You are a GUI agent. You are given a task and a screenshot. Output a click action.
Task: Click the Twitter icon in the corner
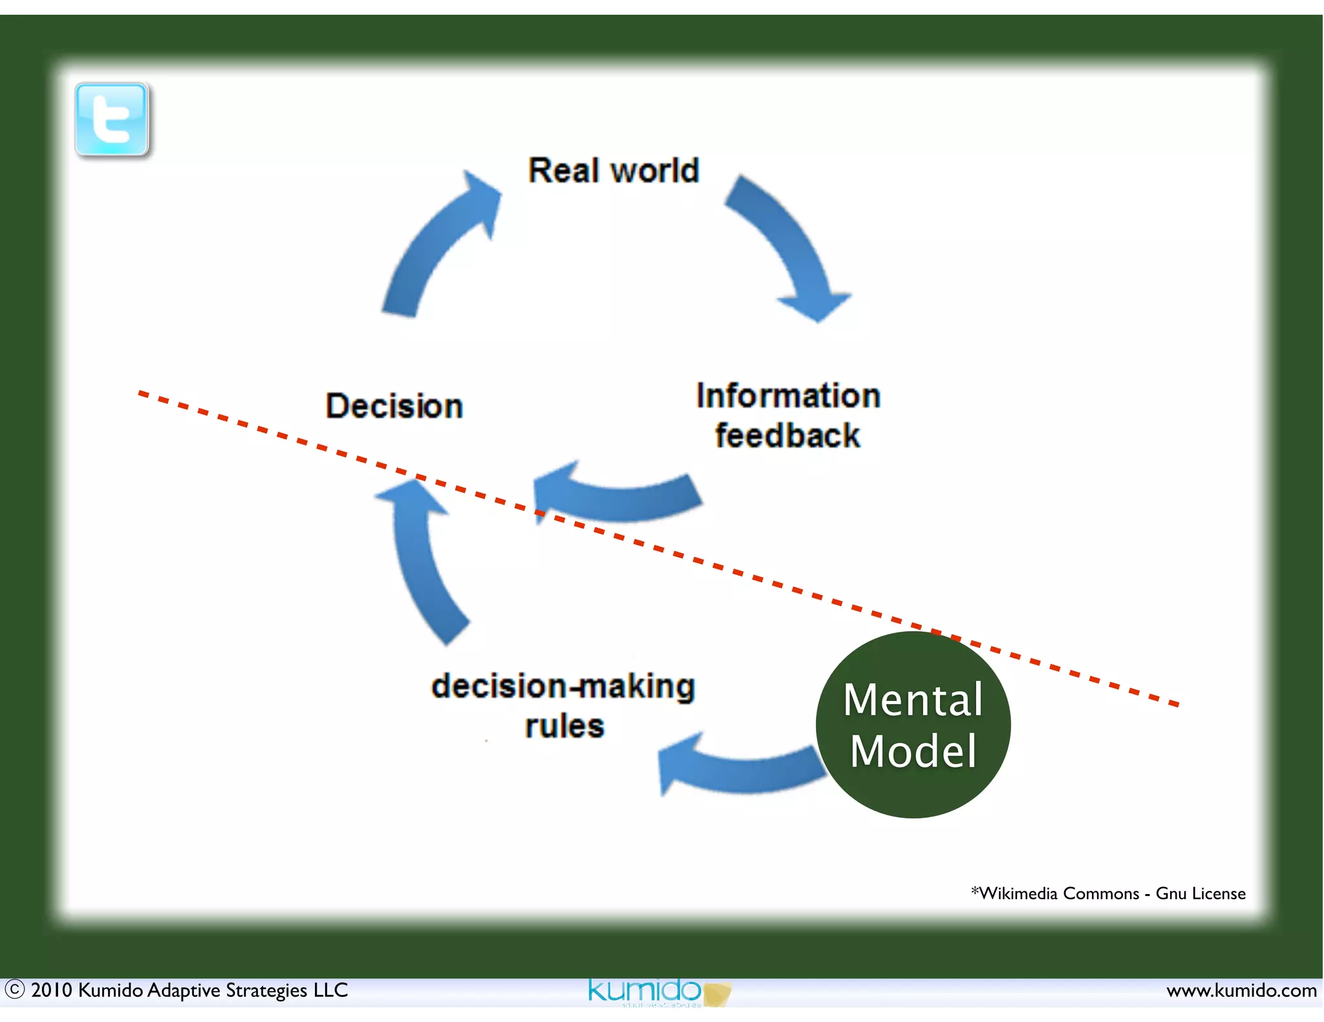112,120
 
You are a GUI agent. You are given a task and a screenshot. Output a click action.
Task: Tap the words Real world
613,171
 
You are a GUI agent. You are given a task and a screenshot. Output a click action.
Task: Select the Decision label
394,406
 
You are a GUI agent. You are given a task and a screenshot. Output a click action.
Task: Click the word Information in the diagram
788,395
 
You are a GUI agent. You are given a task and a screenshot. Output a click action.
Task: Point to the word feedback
787,436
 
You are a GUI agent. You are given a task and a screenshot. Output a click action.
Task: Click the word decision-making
563,686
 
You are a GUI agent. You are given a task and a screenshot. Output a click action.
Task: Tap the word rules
564,726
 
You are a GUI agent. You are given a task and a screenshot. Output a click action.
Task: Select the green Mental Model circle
913,725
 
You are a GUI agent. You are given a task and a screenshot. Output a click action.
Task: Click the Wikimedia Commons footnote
1108,893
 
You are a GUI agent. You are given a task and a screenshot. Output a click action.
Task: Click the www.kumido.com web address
1241,990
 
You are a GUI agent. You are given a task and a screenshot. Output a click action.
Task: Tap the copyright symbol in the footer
14,990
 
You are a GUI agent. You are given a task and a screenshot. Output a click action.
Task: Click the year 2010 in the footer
51,990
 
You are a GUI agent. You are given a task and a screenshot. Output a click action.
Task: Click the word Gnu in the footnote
1171,893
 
